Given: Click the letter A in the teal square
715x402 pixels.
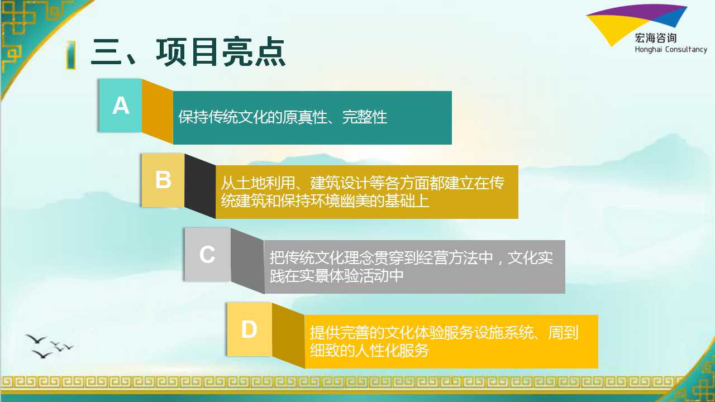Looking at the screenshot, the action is pyautogui.click(x=121, y=106).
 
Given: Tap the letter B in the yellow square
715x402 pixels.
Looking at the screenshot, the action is pyautogui.click(x=163, y=180).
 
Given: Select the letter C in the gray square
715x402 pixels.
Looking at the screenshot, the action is pyautogui.click(x=207, y=255).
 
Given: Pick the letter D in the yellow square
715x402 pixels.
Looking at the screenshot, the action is pyautogui.click(x=249, y=329).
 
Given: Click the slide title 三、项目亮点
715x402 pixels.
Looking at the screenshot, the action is pyautogui.click(x=188, y=52).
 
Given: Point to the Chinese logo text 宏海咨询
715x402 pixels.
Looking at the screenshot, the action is pyautogui.click(x=656, y=39).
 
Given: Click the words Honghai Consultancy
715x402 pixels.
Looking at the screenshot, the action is pyautogui.click(x=671, y=50).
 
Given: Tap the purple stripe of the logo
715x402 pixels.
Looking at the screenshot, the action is pyautogui.click(x=635, y=12).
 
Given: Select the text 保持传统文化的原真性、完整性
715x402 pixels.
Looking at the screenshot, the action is pyautogui.click(x=283, y=117).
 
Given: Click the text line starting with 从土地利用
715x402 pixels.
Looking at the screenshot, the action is pyautogui.click(x=363, y=183).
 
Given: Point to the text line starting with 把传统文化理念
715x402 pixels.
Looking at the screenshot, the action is pyautogui.click(x=411, y=258).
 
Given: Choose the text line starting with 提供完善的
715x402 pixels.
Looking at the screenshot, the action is pyautogui.click(x=444, y=332).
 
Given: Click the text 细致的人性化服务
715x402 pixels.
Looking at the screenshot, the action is pyautogui.click(x=369, y=351).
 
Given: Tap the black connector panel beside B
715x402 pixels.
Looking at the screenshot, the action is pyautogui.click(x=200, y=186).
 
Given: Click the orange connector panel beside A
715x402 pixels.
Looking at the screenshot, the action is pyautogui.click(x=158, y=111).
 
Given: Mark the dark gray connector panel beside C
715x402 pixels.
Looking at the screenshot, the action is pyautogui.click(x=247, y=261).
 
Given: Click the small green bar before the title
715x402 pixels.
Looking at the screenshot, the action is pyautogui.click(x=71, y=55).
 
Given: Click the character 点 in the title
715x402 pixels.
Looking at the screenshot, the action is pyautogui.click(x=270, y=52).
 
